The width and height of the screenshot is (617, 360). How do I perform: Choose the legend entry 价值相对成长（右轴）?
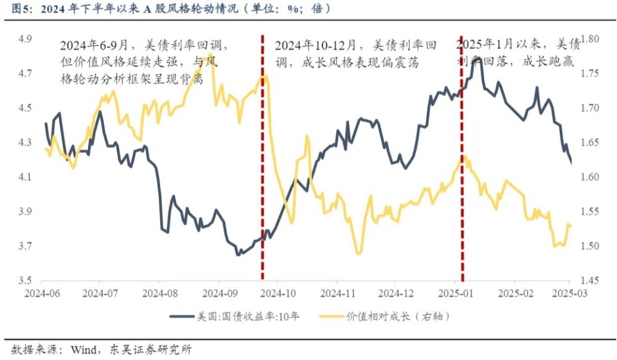pyautogui.click(x=388, y=317)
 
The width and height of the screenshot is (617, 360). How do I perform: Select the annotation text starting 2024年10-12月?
pyautogui.click(x=357, y=54)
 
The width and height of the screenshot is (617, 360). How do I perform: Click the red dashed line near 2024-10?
pyautogui.click(x=262, y=161)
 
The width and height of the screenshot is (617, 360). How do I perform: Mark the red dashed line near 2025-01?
pyautogui.click(x=461, y=161)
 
